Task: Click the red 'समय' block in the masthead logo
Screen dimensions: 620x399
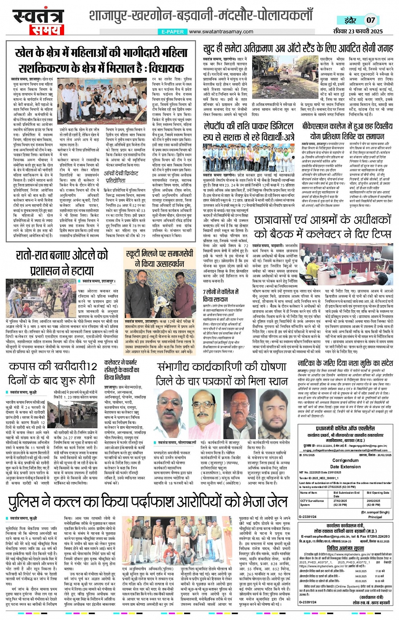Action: (44, 30)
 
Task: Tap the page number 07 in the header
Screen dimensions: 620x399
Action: (370, 20)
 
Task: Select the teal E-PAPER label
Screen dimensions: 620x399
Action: (173, 32)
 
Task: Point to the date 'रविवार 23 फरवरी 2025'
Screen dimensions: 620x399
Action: (358, 31)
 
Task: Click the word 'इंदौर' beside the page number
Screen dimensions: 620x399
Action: (350, 20)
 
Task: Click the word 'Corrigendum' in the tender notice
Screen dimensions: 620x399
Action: (345, 461)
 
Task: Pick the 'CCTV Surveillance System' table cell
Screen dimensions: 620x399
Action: (312, 503)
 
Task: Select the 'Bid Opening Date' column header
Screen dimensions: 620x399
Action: (377, 492)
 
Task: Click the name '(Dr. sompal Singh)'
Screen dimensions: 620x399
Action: (375, 512)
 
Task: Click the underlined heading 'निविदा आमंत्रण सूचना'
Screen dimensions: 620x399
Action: (345, 548)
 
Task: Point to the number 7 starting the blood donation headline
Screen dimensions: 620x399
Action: (205, 292)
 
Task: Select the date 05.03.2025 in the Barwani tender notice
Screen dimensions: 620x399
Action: (361, 581)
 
